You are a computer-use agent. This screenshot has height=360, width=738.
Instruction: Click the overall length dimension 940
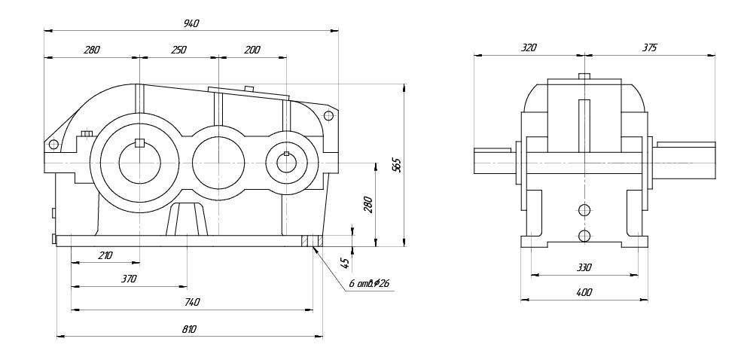click(x=191, y=24)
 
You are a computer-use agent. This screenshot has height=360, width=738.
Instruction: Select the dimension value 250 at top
click(x=178, y=50)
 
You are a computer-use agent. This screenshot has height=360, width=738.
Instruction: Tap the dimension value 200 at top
click(x=252, y=50)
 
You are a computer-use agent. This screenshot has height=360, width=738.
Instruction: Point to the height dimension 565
click(x=397, y=166)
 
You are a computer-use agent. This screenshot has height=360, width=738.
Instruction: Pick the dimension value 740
click(x=192, y=302)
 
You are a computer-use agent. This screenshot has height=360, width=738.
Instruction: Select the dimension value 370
click(x=129, y=279)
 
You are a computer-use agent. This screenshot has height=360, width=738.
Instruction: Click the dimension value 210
click(x=105, y=255)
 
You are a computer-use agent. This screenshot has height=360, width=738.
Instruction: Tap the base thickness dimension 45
click(x=345, y=263)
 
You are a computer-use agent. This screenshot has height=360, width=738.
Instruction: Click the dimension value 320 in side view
click(x=529, y=47)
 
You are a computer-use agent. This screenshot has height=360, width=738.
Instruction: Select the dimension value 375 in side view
click(x=649, y=47)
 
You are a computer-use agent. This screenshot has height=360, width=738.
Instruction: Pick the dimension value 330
click(x=584, y=267)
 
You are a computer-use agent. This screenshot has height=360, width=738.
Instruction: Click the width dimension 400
click(x=584, y=292)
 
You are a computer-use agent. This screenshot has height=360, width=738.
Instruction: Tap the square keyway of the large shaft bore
click(x=139, y=143)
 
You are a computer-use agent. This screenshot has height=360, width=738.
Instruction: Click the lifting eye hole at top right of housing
click(x=328, y=115)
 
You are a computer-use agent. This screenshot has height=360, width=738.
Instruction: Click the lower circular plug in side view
click(x=584, y=236)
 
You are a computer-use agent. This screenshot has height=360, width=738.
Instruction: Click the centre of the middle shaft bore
click(x=218, y=162)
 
